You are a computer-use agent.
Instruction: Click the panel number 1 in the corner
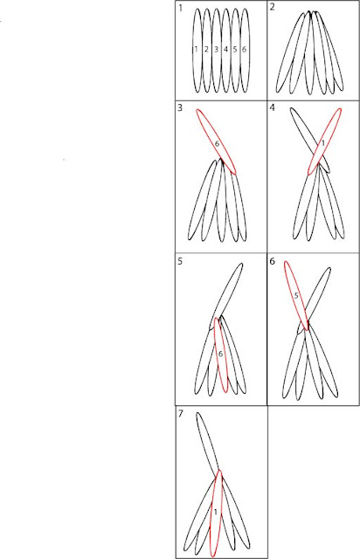[x=181, y=8]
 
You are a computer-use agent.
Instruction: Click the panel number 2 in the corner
[x=273, y=8]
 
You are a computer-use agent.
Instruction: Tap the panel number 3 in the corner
[x=180, y=107]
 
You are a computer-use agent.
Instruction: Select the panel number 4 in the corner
[x=273, y=107]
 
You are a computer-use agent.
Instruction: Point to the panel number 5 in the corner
[x=180, y=261]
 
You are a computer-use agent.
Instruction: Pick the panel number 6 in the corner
[x=273, y=261]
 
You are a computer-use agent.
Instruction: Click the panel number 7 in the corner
[x=181, y=413]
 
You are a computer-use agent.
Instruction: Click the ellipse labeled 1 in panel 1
[x=193, y=50]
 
